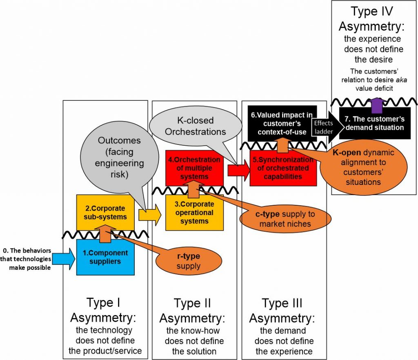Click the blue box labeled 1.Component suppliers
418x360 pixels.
coord(105,258)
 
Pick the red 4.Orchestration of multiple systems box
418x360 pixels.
coord(194,167)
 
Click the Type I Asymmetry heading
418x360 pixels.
coord(105,310)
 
